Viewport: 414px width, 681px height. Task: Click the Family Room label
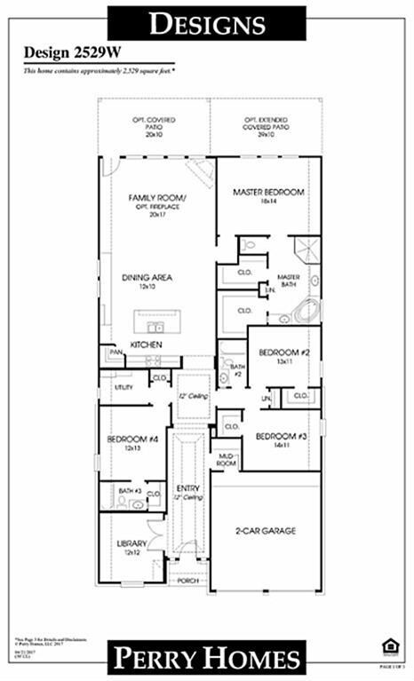click(158, 197)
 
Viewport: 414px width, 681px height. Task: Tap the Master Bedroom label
click(268, 192)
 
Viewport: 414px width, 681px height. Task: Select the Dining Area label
click(147, 277)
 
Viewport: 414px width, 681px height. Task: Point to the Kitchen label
click(146, 343)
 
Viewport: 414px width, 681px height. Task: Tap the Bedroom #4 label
click(126, 439)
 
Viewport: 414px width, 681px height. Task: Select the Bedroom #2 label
click(283, 352)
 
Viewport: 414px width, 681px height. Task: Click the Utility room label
click(122, 387)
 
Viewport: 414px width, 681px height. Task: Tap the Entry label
click(188, 488)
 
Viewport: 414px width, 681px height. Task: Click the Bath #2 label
click(235, 369)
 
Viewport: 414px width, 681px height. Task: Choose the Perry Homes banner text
click(206, 658)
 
